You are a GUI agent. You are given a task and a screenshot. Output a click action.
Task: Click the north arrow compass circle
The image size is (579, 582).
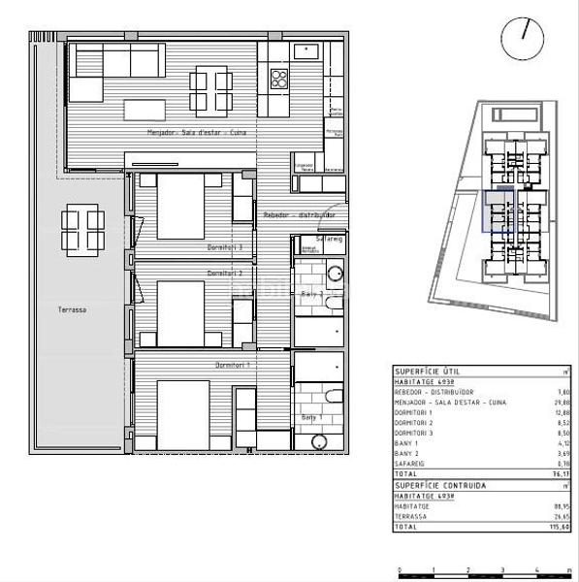[x=522, y=37]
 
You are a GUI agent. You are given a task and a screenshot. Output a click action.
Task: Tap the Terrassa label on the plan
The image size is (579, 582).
[x=73, y=309]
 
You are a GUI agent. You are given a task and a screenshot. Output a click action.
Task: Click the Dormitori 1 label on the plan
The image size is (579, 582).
[x=233, y=365]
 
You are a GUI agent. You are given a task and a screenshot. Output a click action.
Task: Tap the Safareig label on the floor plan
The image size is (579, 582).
[x=331, y=238]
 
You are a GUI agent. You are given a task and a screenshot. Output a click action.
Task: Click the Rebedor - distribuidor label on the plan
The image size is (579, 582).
[x=299, y=215]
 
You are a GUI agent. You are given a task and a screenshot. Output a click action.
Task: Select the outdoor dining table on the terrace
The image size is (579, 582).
[x=82, y=230]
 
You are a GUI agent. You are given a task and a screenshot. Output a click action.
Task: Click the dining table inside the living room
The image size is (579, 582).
[x=211, y=89]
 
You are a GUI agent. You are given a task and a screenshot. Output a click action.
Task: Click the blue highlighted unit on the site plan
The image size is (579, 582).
[x=498, y=212]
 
